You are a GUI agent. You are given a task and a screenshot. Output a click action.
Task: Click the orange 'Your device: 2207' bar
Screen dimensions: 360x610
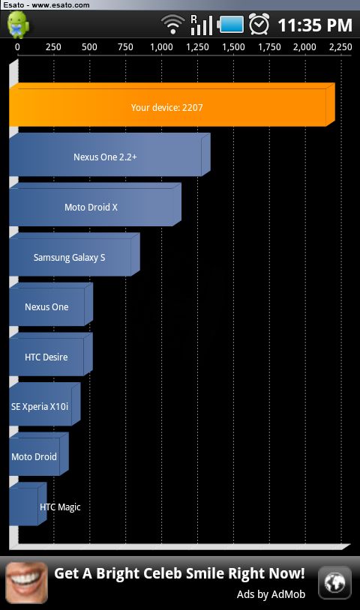(172, 105)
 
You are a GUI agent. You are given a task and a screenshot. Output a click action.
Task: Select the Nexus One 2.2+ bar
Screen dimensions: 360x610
(109, 155)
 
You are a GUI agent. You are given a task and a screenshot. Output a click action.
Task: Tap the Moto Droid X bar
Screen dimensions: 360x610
(95, 205)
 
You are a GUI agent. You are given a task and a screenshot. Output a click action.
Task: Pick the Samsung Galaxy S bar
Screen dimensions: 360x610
(75, 255)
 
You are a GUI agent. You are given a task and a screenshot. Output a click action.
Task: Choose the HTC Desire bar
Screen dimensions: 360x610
(51, 354)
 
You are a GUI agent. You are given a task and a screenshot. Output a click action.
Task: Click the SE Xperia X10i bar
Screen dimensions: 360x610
(45, 404)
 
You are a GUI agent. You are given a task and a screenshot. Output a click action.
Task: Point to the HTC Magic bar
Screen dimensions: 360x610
(28, 504)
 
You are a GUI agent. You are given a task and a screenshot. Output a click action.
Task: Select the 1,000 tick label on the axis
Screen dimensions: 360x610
(161, 47)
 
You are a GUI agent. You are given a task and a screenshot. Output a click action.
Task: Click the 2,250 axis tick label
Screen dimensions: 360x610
(340, 47)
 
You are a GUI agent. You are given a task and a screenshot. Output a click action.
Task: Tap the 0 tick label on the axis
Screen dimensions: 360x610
(17, 47)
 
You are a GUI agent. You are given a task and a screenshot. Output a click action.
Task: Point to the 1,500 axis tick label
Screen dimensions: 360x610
(233, 47)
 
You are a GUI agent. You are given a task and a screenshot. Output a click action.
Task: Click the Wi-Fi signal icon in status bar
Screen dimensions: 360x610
(172, 25)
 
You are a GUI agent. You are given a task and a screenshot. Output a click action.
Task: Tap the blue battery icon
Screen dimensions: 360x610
(230, 25)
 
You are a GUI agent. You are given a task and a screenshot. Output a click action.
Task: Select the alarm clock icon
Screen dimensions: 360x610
(259, 24)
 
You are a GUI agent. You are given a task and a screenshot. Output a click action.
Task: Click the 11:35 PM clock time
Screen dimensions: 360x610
(315, 25)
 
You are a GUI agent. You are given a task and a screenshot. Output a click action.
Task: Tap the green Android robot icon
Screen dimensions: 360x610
(17, 25)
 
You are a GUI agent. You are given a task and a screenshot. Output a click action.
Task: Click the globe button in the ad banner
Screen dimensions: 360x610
(334, 582)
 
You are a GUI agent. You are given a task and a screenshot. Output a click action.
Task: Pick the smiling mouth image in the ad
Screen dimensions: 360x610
(27, 582)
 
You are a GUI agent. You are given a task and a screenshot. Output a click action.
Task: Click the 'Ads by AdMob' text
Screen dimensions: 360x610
(271, 594)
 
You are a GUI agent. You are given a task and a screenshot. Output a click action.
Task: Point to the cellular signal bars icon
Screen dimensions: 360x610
(201, 25)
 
